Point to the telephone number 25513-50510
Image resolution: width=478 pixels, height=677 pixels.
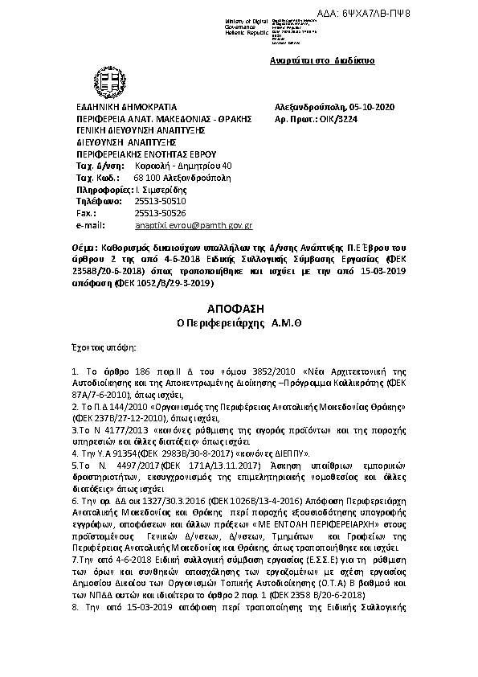(160, 201)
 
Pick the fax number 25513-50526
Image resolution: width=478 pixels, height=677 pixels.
(160, 213)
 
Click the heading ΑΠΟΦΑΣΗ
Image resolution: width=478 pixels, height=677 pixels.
(239, 309)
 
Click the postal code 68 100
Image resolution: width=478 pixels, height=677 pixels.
(148, 177)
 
